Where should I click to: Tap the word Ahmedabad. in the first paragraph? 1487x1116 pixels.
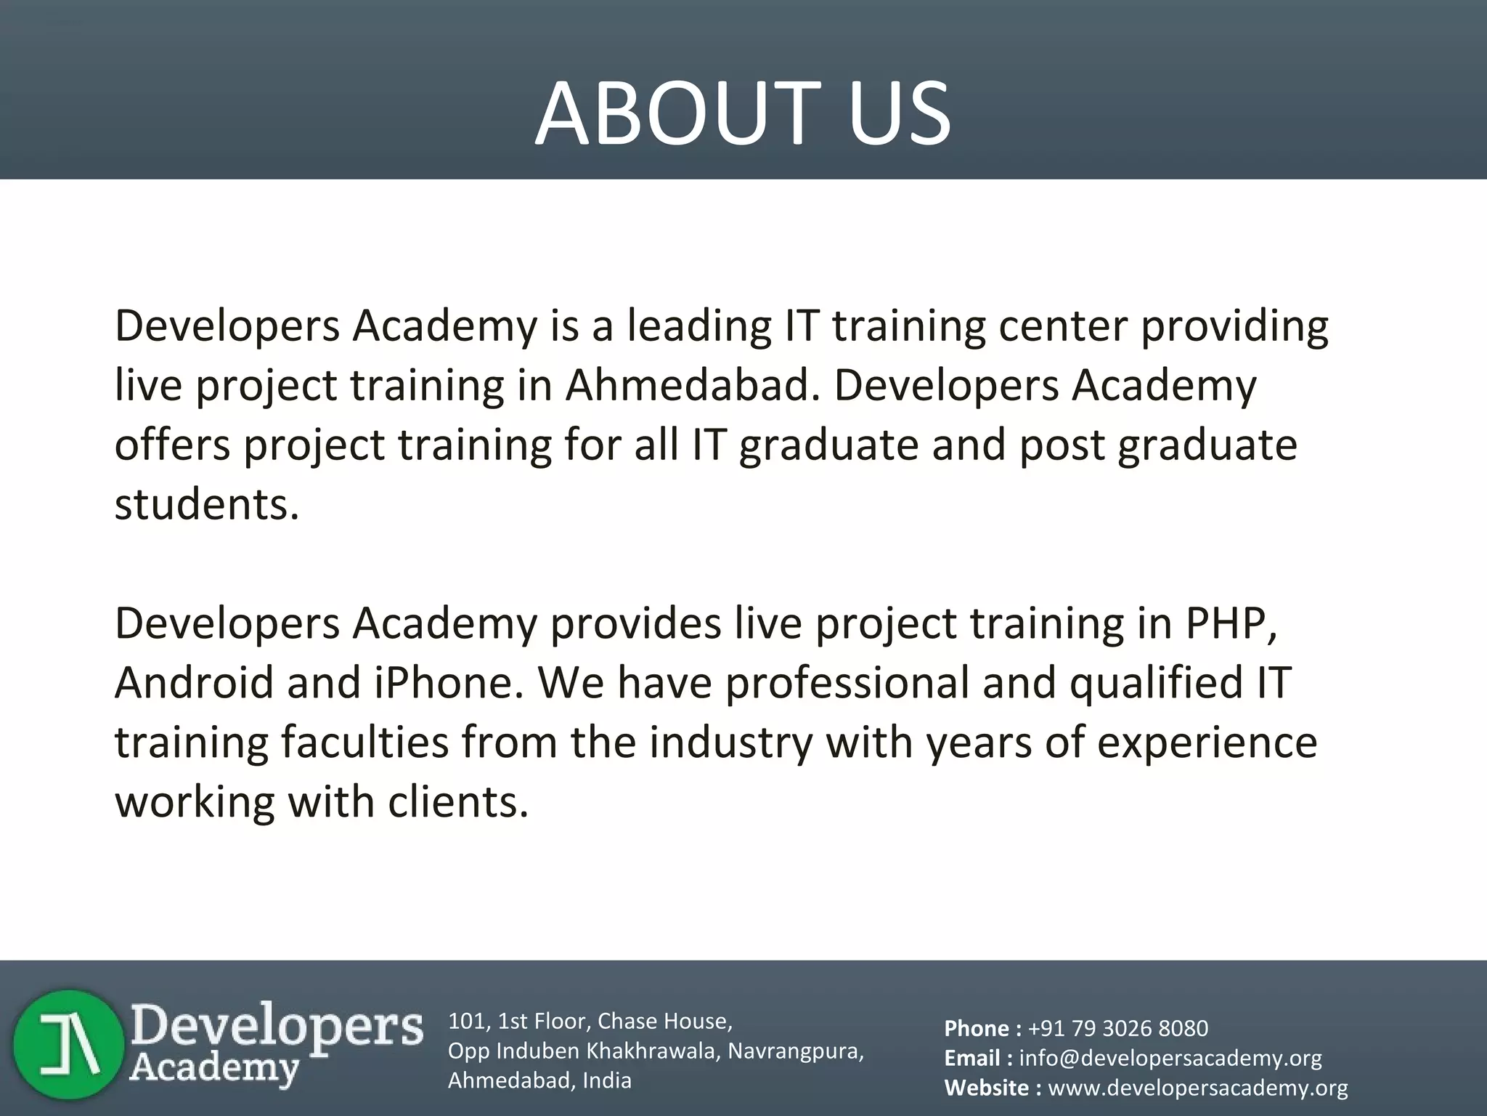tap(692, 385)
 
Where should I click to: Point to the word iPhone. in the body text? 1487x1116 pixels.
tap(448, 683)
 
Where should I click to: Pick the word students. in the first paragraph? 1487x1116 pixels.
tap(207, 504)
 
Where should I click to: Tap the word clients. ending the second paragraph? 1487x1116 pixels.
tap(458, 802)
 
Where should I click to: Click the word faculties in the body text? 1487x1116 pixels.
tap(365, 743)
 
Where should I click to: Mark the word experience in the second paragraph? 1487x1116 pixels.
tap(1207, 743)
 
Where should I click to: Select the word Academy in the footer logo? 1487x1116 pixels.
tap(216, 1067)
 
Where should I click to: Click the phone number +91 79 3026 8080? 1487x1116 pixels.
tap(1118, 1028)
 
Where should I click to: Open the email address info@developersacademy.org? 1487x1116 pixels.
tap(1170, 1058)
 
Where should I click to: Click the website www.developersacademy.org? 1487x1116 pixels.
tap(1198, 1088)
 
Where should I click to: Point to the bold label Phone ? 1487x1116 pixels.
tap(982, 1028)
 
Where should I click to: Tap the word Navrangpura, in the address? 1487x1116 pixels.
tap(796, 1051)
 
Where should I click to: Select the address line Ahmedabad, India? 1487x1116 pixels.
tap(539, 1080)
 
